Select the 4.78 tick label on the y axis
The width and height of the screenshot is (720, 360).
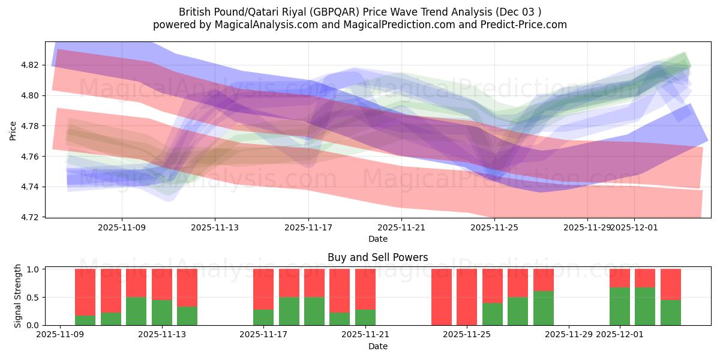(31, 126)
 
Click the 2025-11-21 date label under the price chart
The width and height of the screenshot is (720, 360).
(401, 227)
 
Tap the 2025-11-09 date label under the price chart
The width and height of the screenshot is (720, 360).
(122, 227)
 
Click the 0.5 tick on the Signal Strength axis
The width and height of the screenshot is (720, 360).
(33, 297)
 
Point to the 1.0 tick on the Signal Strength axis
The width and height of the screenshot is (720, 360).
(33, 269)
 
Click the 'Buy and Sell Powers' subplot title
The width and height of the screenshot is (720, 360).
(377, 257)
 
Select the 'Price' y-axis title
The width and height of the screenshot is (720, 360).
(13, 130)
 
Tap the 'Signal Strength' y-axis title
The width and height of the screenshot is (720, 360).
(18, 296)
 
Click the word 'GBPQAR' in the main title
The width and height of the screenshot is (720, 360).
(409, 11)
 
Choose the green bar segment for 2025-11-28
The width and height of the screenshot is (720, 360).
(543, 308)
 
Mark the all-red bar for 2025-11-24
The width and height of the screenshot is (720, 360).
(442, 297)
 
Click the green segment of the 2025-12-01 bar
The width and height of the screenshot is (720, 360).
(619, 306)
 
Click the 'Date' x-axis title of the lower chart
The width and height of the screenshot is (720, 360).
(377, 346)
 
